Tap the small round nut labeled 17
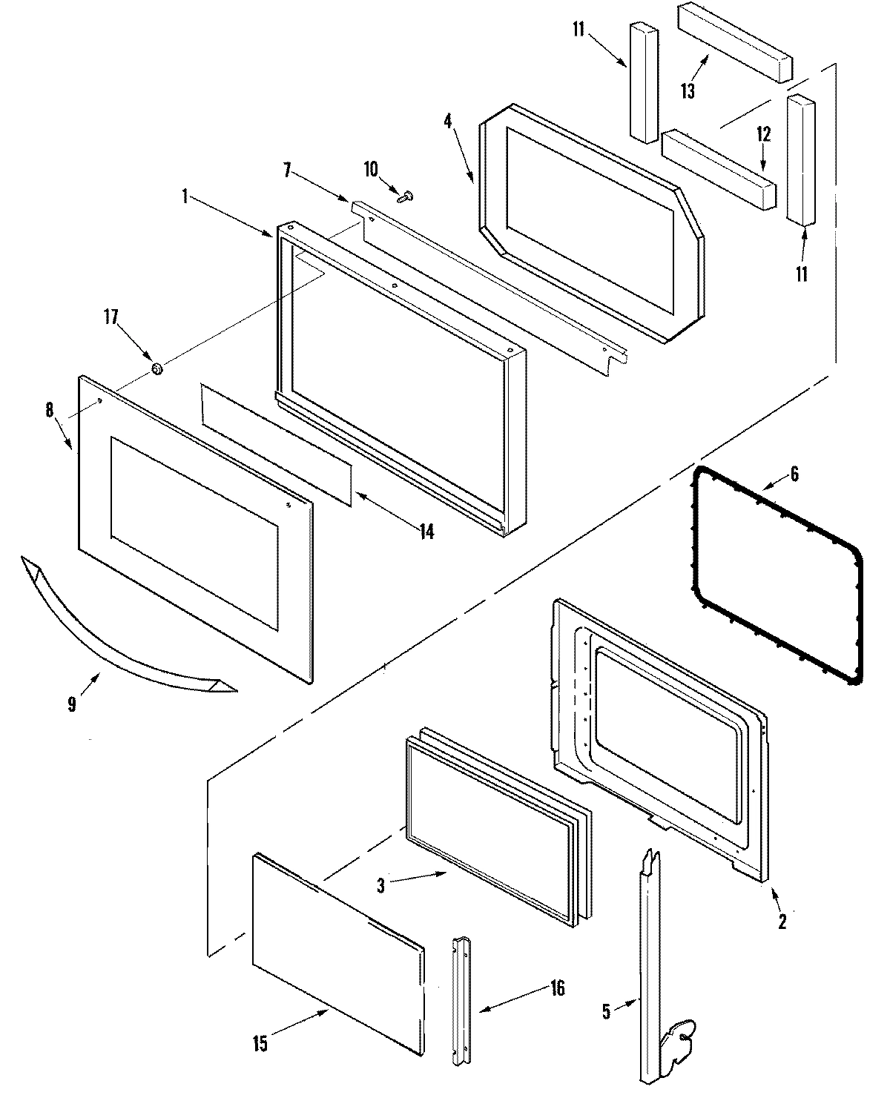[156, 368]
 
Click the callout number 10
[371, 170]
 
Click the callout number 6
[794, 474]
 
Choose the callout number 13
[688, 90]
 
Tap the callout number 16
[557, 988]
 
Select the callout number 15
[260, 1044]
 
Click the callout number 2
[782, 922]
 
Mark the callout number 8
[50, 409]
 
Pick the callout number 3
[380, 884]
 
